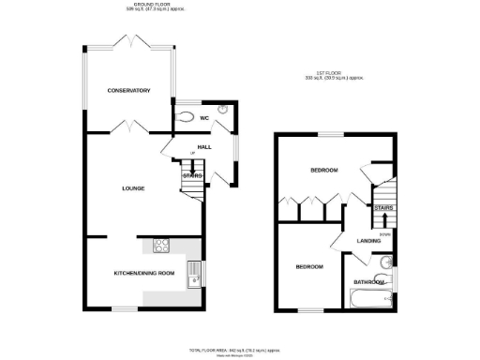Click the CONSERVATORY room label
pyautogui.click(x=128, y=91)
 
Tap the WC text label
pyautogui.click(x=203, y=118)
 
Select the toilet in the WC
pyautogui.click(x=185, y=118)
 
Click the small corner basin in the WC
pyautogui.click(x=222, y=109)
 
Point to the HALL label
pyautogui.click(x=203, y=147)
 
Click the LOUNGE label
pyautogui.click(x=132, y=188)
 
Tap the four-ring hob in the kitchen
pyautogui.click(x=161, y=247)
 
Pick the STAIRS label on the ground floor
pyautogui.click(x=192, y=175)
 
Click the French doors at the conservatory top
pyautogui.click(x=128, y=42)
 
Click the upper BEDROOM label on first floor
pyautogui.click(x=324, y=170)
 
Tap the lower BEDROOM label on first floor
pyautogui.click(x=309, y=267)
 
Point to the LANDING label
pyautogui.click(x=368, y=242)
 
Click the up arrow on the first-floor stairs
pyautogui.click(x=383, y=220)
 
